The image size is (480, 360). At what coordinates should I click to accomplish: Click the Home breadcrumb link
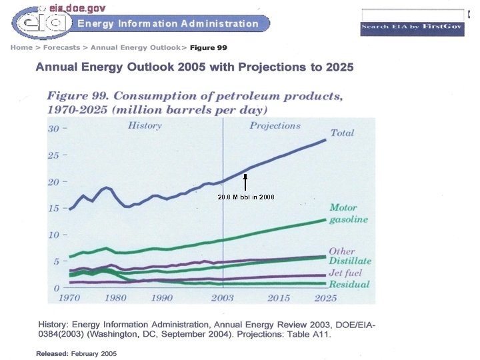pos(20,48)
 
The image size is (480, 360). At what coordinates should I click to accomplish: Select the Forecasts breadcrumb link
pos(62,48)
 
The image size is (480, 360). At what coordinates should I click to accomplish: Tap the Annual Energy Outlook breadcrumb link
pos(135,48)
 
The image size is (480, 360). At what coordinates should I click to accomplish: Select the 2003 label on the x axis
pos(223,298)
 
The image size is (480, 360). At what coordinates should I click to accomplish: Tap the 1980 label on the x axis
pos(116,298)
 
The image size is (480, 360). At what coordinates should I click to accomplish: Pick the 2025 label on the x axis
pos(325,298)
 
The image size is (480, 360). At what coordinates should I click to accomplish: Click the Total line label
pos(342,133)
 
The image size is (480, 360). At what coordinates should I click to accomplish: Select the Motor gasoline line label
pos(348,214)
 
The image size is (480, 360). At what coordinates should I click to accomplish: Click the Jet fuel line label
pos(345,274)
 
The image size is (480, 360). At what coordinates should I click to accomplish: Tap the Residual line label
pos(349,285)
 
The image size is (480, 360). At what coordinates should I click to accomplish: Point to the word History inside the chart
pos(145,125)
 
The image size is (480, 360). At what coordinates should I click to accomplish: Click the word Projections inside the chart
pos(275,125)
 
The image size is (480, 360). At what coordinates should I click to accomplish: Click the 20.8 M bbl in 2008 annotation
pos(246,197)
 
